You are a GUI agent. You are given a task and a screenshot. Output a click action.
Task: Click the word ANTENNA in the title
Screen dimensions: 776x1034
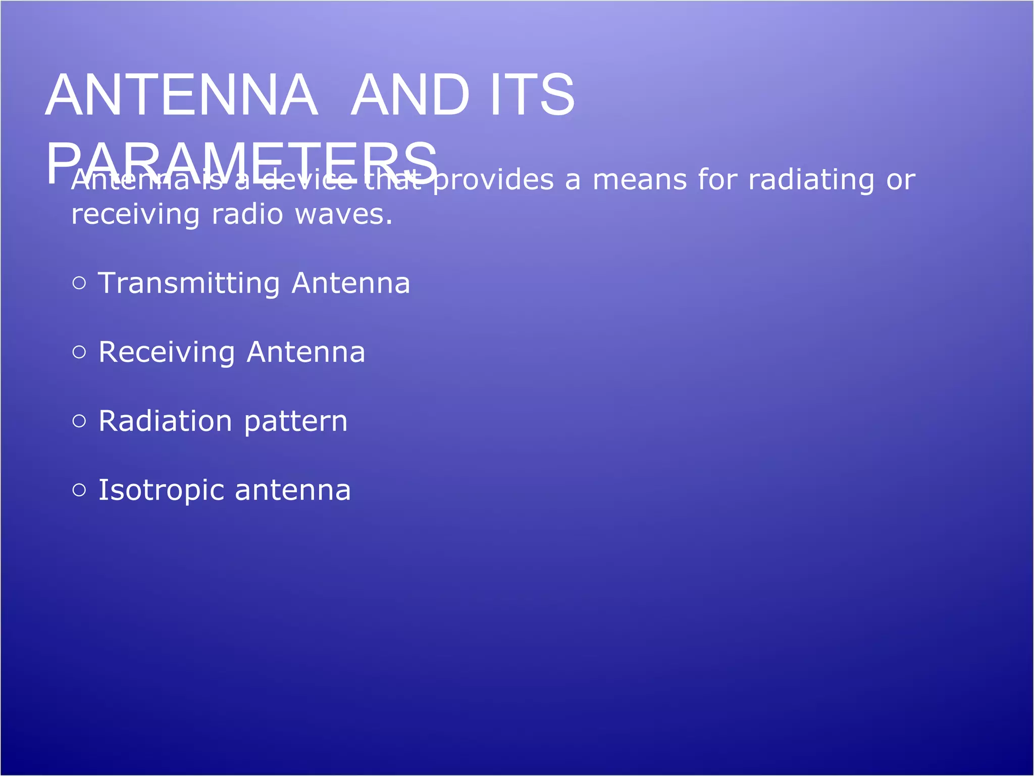182,95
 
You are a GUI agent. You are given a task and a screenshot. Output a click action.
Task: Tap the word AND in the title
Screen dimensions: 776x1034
410,95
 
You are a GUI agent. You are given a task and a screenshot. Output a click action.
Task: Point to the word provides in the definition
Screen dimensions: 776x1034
493,180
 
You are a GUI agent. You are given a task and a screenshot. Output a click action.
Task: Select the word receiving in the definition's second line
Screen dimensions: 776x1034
135,215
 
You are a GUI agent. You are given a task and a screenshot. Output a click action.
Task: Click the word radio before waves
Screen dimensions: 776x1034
247,214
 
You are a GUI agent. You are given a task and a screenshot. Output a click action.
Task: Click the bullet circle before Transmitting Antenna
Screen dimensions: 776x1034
79,283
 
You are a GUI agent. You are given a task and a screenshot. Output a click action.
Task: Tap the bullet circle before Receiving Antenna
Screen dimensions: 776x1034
79,352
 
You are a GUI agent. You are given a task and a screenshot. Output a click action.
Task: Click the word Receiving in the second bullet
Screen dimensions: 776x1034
167,353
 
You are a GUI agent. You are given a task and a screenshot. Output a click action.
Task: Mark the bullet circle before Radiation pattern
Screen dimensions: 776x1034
79,421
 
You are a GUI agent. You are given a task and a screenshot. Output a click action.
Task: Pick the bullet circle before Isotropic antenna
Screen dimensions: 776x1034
79,490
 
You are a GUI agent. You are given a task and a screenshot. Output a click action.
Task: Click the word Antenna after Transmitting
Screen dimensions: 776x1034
351,283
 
